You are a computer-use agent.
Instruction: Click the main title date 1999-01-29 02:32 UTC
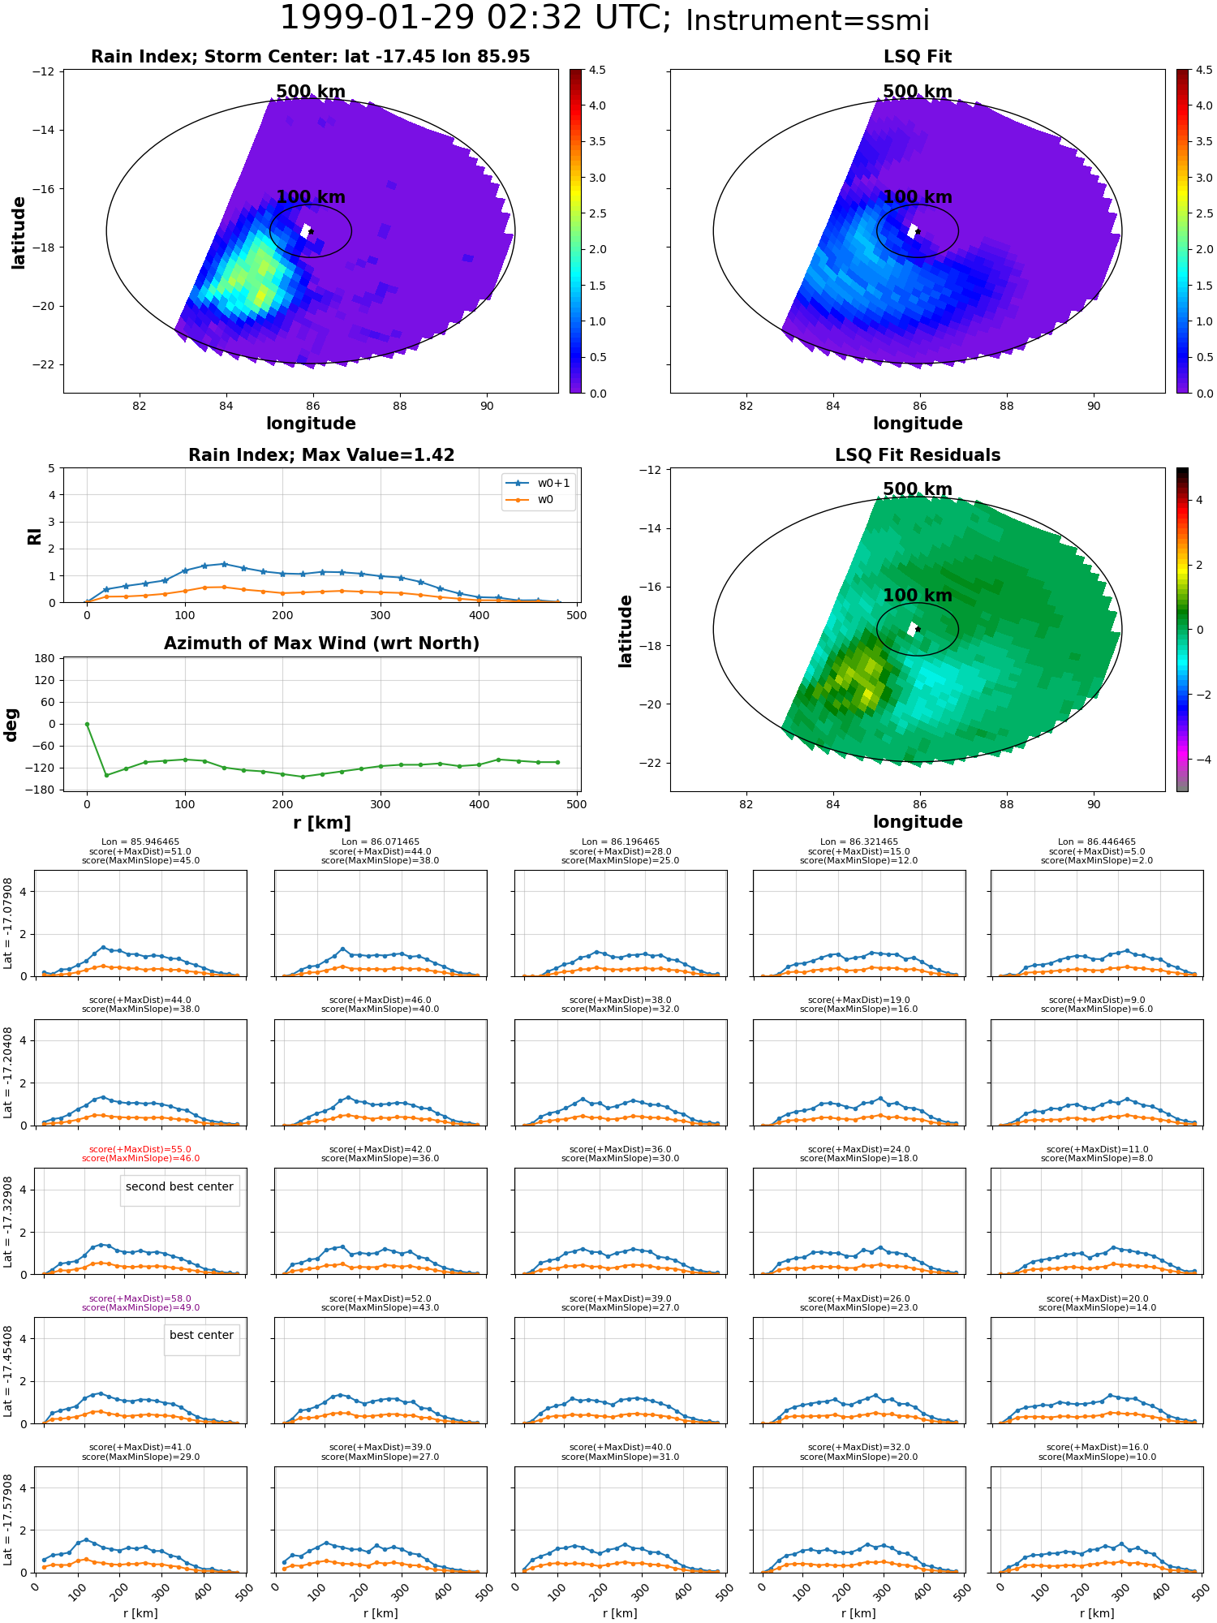tap(475, 18)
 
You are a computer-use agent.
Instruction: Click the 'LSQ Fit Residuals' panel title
tap(918, 455)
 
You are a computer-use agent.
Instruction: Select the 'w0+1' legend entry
tap(538, 483)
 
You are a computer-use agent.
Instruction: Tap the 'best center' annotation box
tap(201, 1335)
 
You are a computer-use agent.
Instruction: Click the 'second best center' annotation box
tap(179, 1186)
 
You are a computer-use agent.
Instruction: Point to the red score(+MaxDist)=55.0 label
tap(140, 1150)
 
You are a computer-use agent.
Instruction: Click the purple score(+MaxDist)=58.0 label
tap(140, 1298)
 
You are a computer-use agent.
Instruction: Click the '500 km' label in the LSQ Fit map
tap(918, 92)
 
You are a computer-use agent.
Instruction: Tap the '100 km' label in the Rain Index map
tap(311, 197)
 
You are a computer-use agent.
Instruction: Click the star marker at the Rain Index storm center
tap(311, 231)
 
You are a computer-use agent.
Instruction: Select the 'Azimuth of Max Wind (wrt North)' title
tap(321, 644)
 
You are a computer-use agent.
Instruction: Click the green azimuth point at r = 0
tap(87, 724)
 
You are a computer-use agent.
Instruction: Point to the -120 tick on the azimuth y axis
tap(42, 768)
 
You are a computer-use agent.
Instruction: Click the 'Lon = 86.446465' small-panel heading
tap(1097, 842)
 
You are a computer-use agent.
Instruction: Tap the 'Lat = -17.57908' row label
tap(8, 1520)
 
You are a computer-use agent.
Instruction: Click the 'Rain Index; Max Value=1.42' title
tap(321, 455)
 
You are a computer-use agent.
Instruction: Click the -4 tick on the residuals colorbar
tap(1199, 760)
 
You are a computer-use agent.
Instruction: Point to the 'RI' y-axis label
tap(34, 536)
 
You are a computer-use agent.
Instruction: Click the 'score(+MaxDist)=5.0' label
tap(1097, 851)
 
